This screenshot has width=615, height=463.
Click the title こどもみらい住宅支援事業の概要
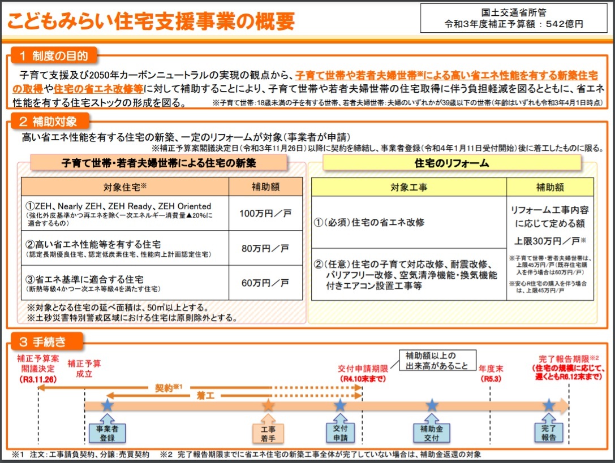pyautogui.click(x=151, y=21)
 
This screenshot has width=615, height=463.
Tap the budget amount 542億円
pyautogui.click(x=565, y=24)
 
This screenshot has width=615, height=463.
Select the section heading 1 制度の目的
pyautogui.click(x=54, y=55)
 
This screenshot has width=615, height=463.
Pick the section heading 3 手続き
pyautogui.click(x=43, y=342)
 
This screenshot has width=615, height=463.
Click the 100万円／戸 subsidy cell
pyautogui.click(x=265, y=213)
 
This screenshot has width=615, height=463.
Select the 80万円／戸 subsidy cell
pyautogui.click(x=265, y=248)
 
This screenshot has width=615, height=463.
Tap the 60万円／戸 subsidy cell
pyautogui.click(x=265, y=283)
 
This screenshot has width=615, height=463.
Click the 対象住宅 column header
pyautogui.click(x=124, y=187)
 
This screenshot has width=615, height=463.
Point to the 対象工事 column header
pyautogui.click(x=408, y=187)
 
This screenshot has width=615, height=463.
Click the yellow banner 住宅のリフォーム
pyautogui.click(x=451, y=163)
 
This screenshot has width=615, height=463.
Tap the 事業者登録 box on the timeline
pyautogui.click(x=107, y=433)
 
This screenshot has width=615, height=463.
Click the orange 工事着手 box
pyautogui.click(x=268, y=434)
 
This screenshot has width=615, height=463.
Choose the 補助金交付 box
pyautogui.click(x=432, y=433)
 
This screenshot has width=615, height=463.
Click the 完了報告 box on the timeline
pyautogui.click(x=548, y=433)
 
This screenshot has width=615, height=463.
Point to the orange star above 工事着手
pyautogui.click(x=268, y=405)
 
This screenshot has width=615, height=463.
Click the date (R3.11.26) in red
pyautogui.click(x=38, y=379)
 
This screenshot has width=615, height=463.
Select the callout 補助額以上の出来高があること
pyautogui.click(x=437, y=360)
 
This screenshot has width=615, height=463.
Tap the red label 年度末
pyautogui.click(x=491, y=369)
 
